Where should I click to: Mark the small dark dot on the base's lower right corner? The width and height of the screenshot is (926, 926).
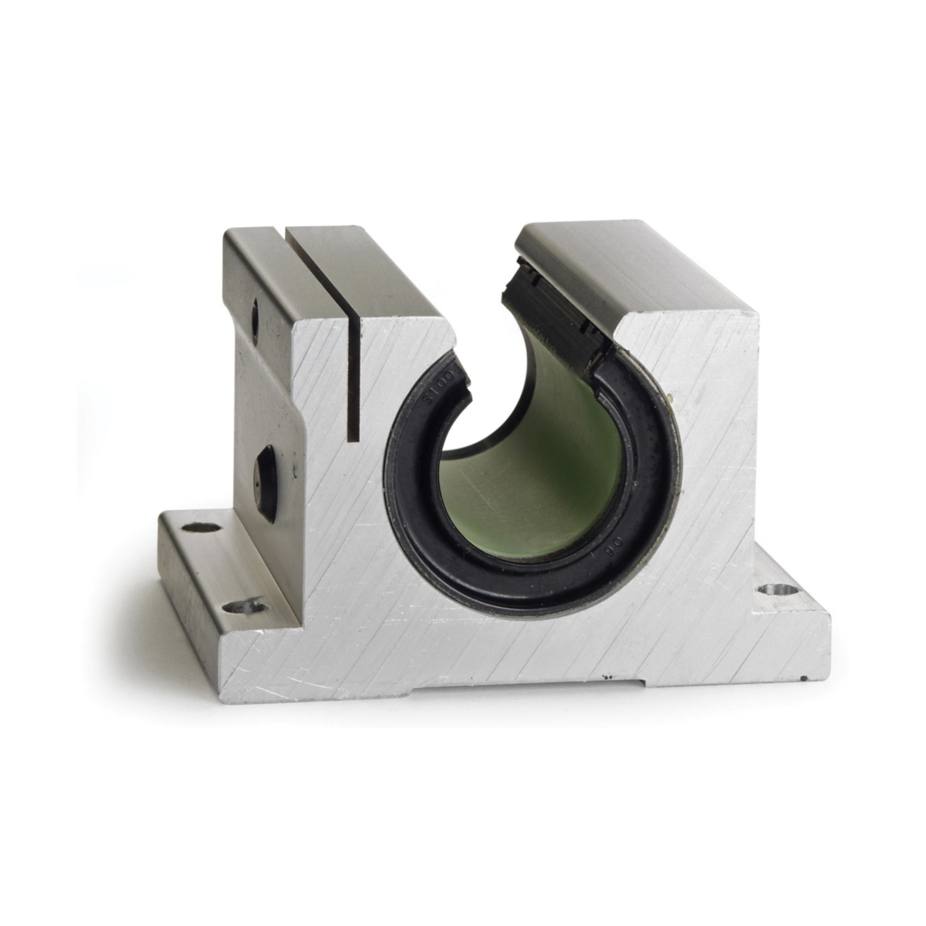click(x=804, y=678)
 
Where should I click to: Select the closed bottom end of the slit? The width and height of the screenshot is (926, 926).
click(x=353, y=438)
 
